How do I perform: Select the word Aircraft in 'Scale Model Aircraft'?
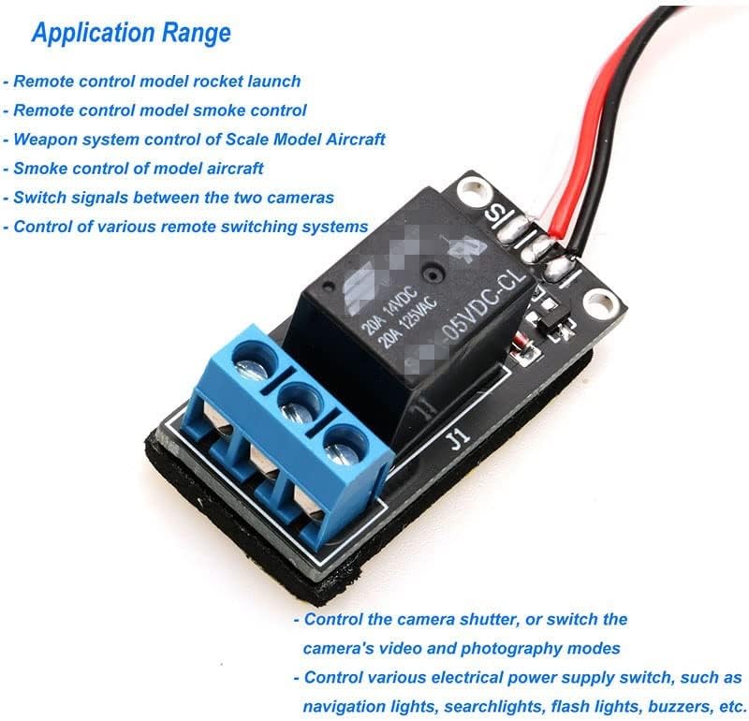click(350, 140)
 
